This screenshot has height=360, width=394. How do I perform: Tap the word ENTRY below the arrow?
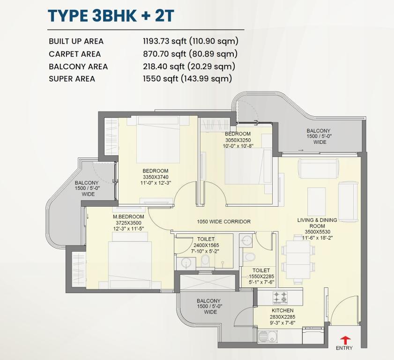coord(344,348)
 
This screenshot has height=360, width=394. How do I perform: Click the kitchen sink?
coord(268,336)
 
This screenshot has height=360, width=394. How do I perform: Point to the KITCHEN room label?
coord(282,310)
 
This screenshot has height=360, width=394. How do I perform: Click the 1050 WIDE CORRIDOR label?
coord(223,221)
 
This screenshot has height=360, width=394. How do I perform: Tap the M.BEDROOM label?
coord(128,217)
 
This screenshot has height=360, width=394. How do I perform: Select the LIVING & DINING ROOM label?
coord(317,223)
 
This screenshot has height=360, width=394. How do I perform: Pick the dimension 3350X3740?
coord(156,177)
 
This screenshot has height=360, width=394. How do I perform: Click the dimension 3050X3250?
coord(238,140)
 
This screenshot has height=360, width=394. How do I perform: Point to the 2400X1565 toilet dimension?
coord(206,245)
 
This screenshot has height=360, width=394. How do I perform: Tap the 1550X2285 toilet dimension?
coord(261,277)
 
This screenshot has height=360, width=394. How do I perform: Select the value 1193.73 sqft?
coord(164,41)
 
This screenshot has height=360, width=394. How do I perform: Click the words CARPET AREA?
coord(74,54)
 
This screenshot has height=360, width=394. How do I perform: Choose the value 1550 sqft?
coord(161,79)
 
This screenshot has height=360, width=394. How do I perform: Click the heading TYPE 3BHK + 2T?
coord(111,15)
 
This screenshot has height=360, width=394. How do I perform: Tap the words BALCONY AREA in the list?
coord(78,67)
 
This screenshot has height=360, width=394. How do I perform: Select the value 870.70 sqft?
coord(164,54)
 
